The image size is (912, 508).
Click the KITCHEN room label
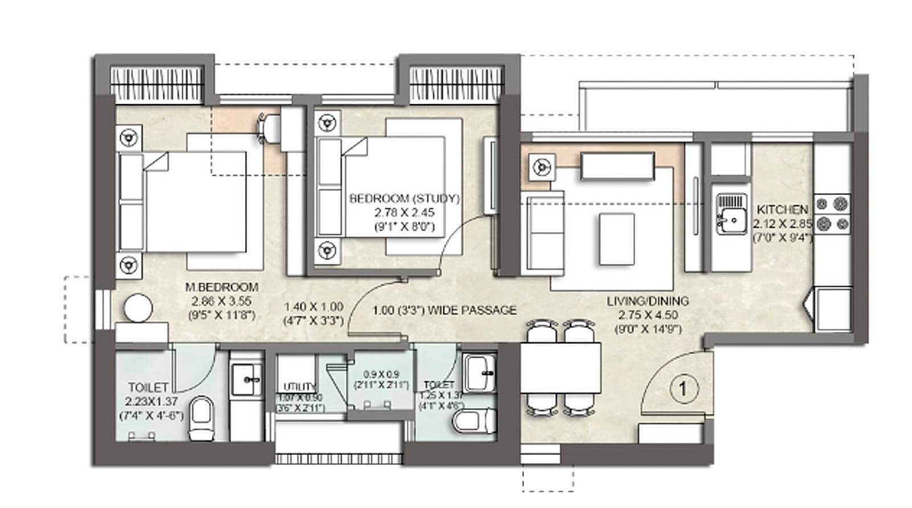[782, 210]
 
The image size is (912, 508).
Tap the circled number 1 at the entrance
[682, 389]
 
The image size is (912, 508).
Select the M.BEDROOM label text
[221, 287]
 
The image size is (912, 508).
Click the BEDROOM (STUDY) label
[404, 199]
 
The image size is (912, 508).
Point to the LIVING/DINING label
[648, 301]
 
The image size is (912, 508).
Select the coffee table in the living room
[616, 238]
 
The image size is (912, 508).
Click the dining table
[561, 367]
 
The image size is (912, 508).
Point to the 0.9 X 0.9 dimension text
[381, 375]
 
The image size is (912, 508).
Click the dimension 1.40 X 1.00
[313, 307]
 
